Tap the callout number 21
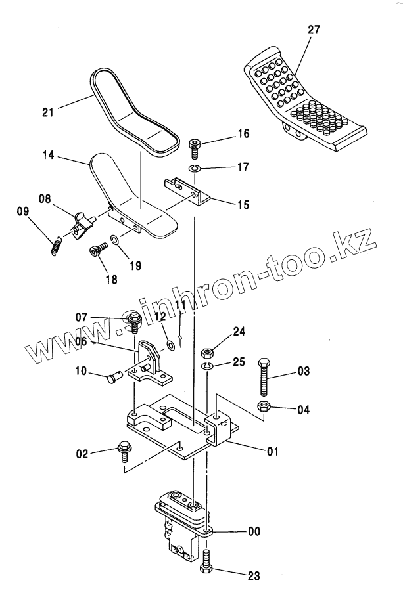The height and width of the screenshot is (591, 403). coord(47,112)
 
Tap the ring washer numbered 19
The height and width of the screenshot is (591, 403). coord(114,242)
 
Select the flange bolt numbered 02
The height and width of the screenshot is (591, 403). coord(123,450)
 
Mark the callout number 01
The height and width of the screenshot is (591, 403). coord(272,451)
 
